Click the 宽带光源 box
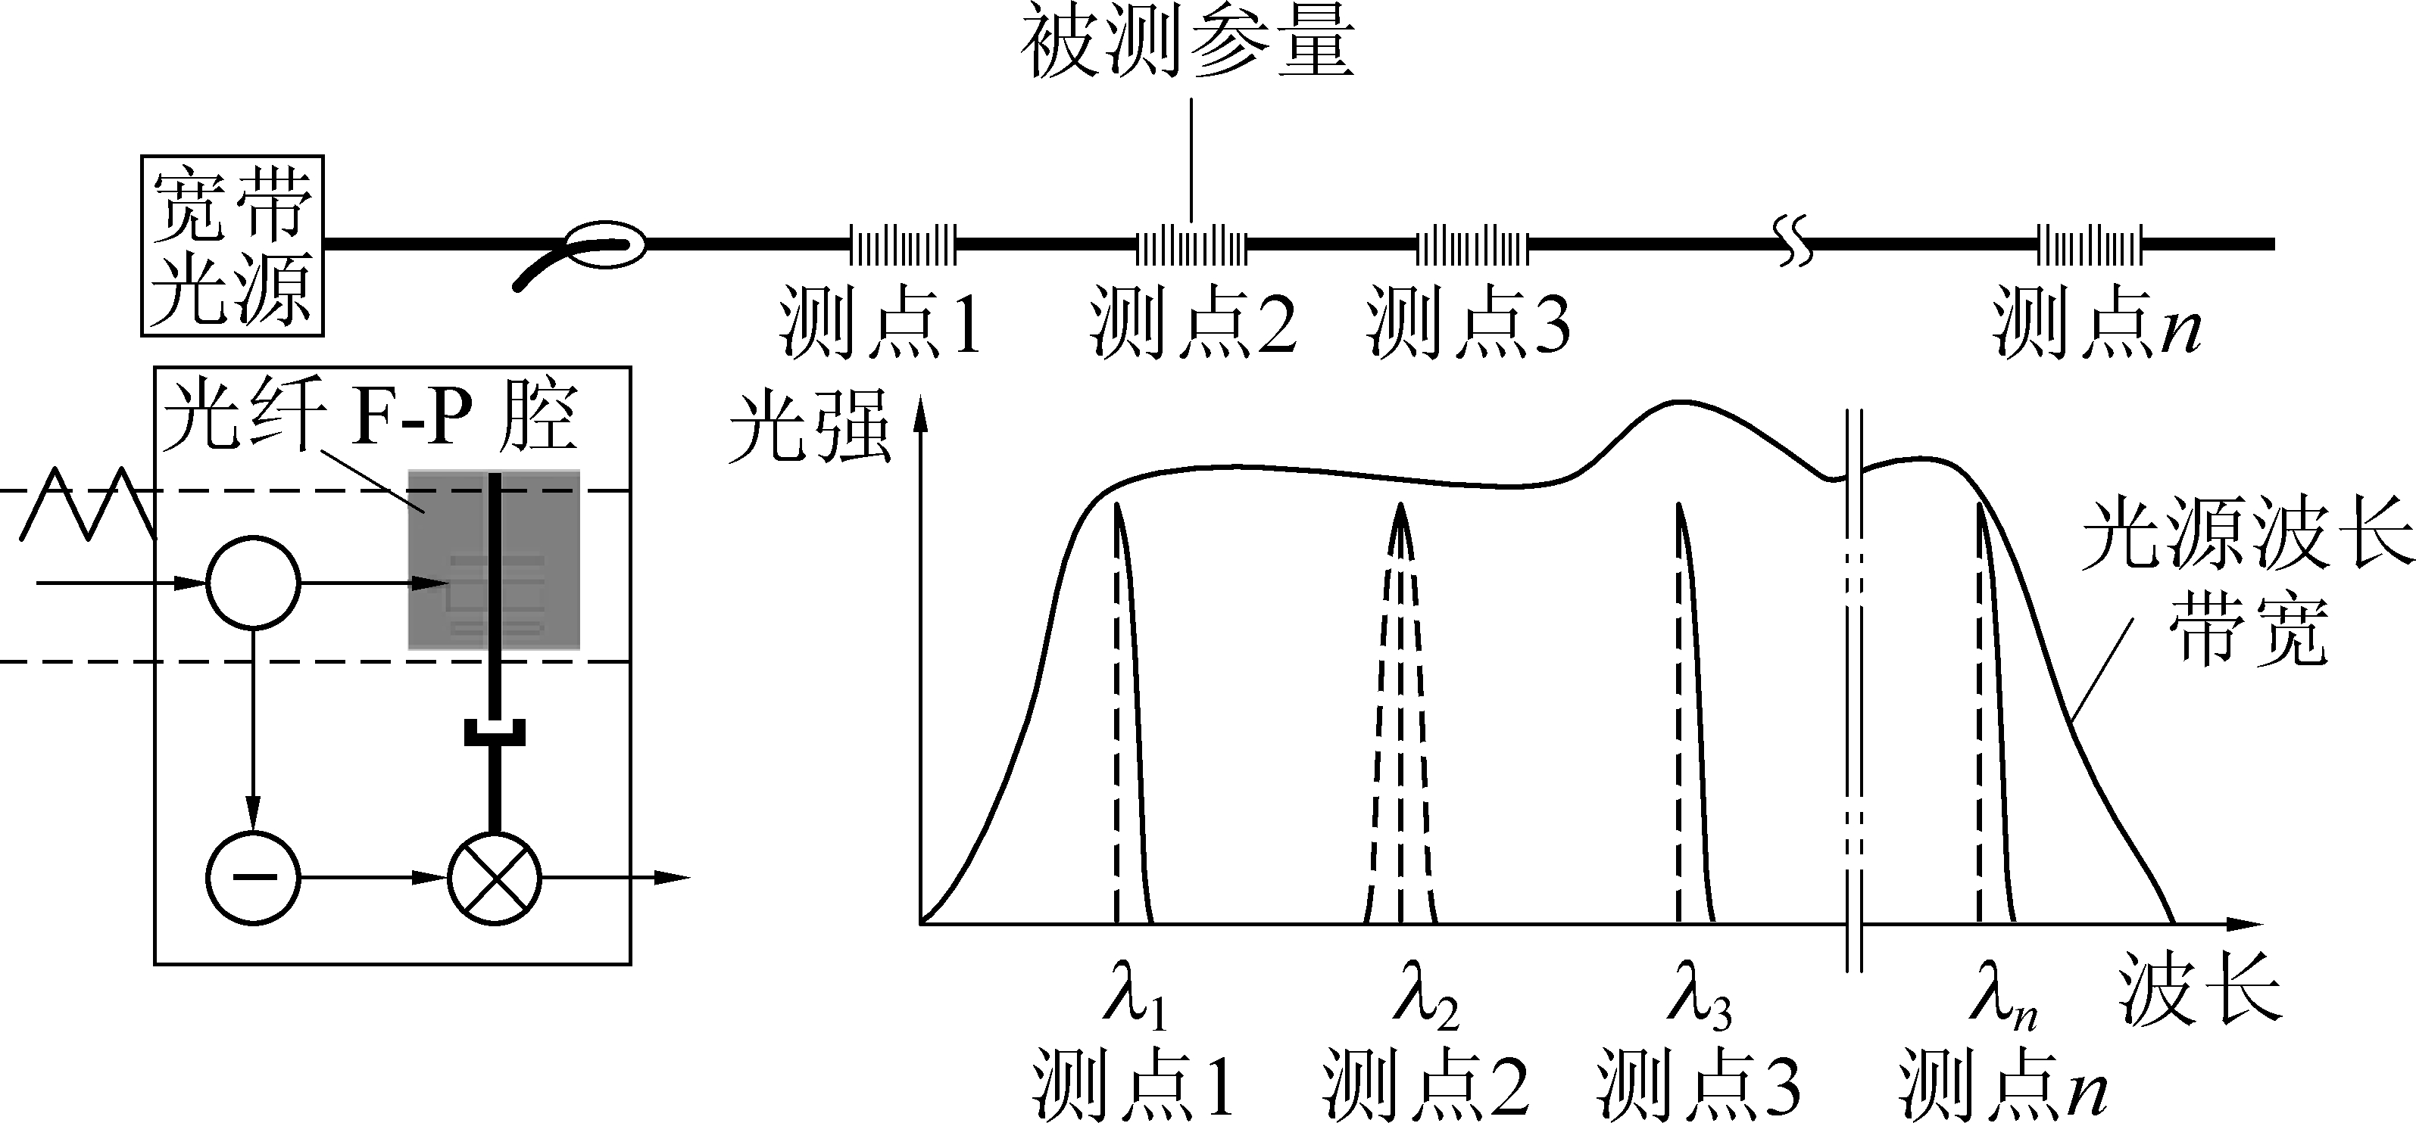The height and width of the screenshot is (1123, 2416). click(232, 246)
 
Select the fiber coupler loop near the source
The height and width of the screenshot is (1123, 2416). click(607, 244)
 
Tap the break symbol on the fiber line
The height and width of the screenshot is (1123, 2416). click(1793, 246)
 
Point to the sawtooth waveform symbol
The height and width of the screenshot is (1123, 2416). click(86, 503)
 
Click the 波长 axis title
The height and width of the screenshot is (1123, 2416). click(2199, 989)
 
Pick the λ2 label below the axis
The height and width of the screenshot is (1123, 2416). click(1425, 1003)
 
